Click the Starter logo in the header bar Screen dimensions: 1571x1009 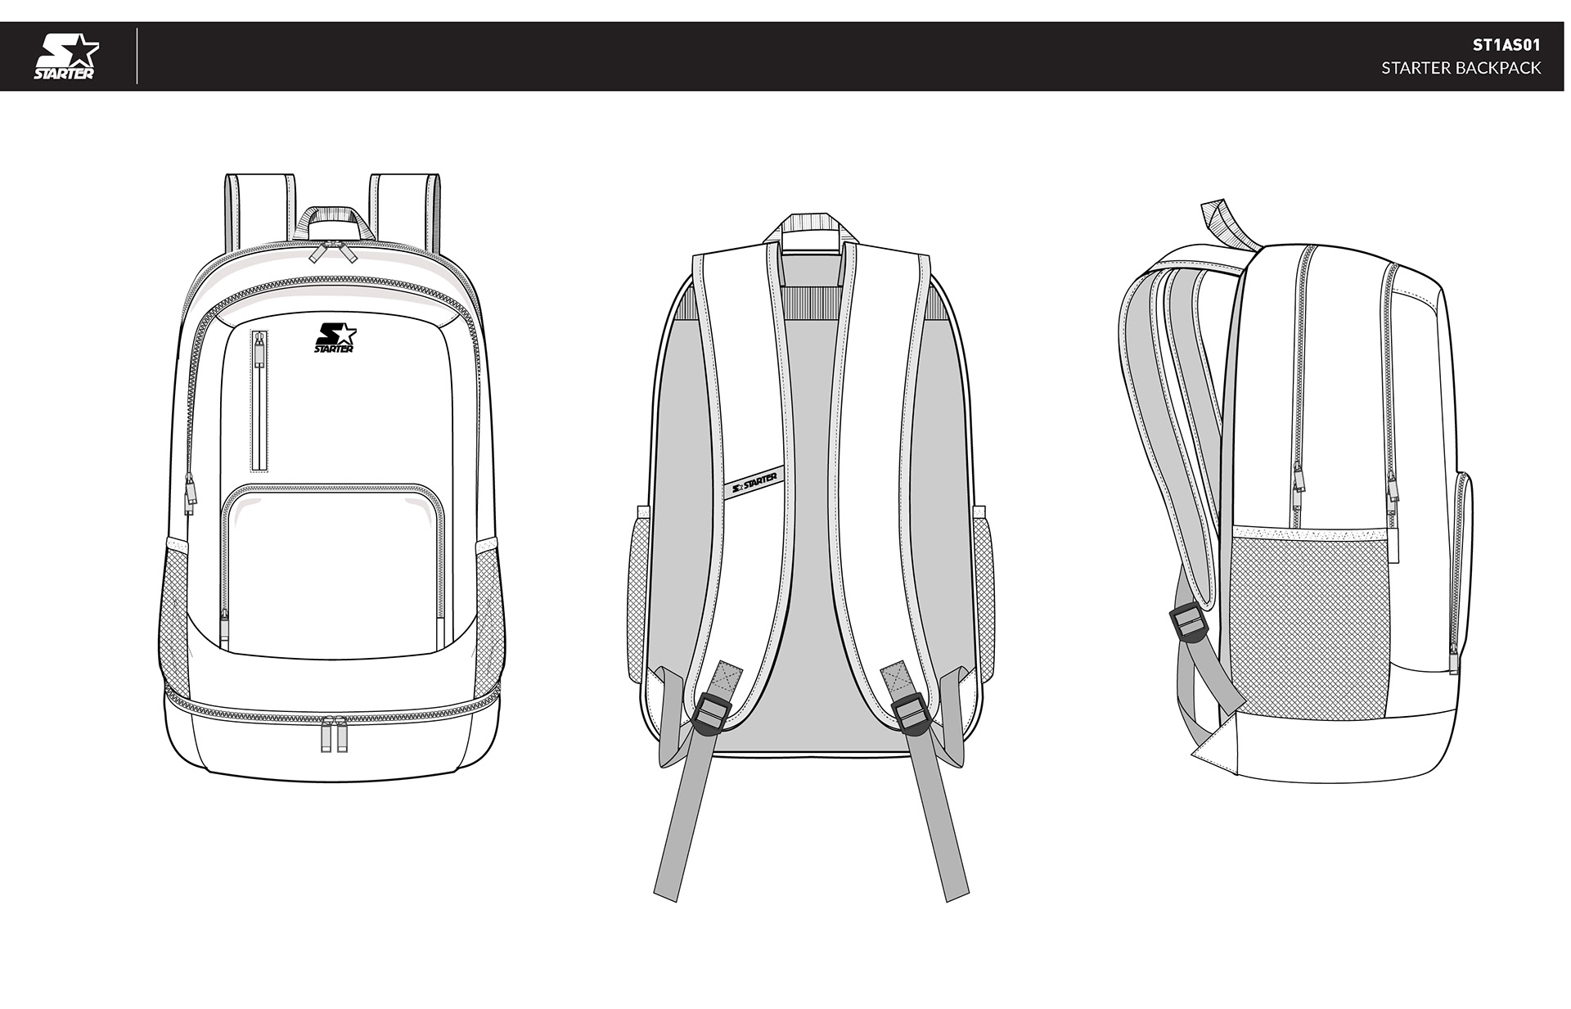click(65, 56)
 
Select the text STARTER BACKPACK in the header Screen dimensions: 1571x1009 click(1461, 68)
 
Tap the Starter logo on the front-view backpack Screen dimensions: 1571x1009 click(334, 337)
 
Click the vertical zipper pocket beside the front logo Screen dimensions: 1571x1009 click(259, 401)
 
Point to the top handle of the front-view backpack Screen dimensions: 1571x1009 click(332, 216)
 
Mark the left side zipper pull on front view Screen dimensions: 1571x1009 click(189, 491)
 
